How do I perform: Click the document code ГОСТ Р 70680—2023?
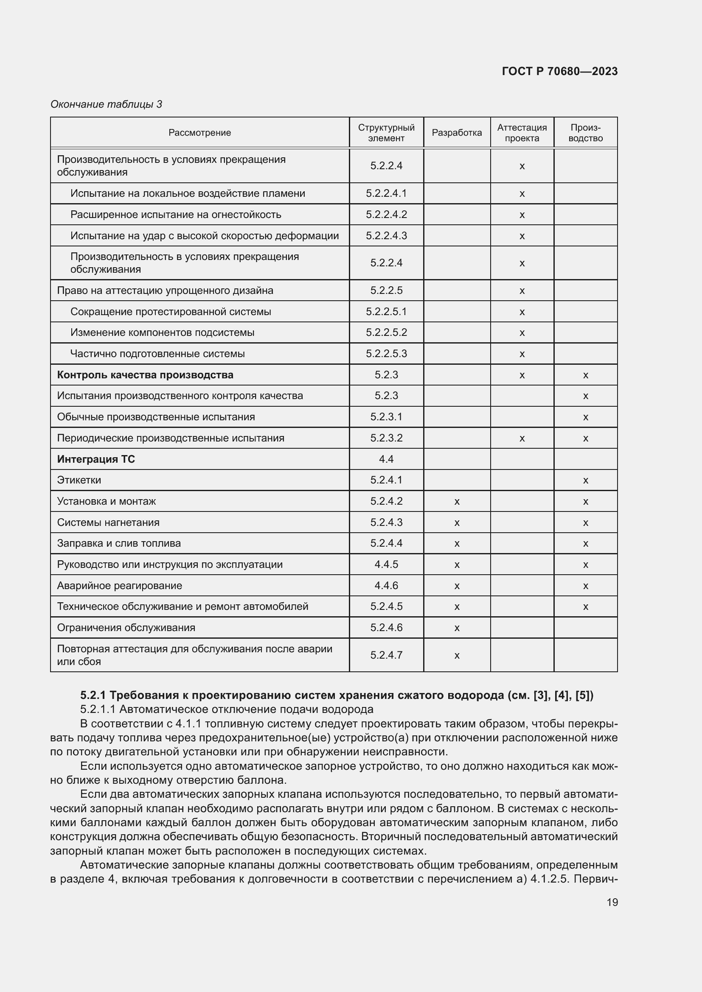click(559, 71)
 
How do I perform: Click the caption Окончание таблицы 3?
click(107, 104)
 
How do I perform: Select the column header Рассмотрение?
click(200, 133)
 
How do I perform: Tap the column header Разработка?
click(457, 133)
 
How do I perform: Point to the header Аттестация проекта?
click(522, 133)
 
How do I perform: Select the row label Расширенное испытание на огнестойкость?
click(176, 214)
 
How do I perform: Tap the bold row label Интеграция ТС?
click(96, 459)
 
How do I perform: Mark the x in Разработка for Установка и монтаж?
click(457, 502)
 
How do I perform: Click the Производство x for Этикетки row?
click(585, 481)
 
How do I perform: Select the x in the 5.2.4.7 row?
click(457, 655)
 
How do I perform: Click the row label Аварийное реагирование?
click(119, 585)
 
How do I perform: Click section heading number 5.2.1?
click(93, 695)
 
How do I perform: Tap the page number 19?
click(612, 902)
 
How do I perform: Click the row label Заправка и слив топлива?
click(119, 543)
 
